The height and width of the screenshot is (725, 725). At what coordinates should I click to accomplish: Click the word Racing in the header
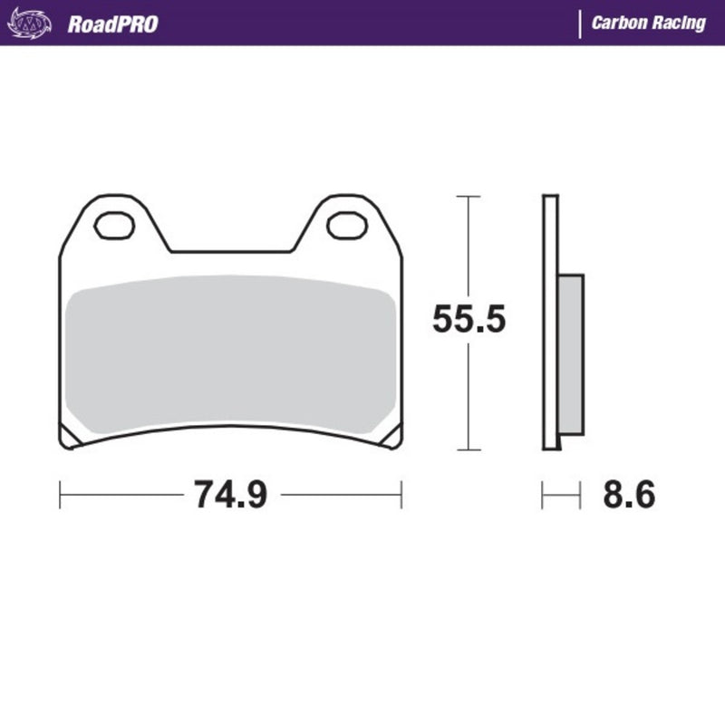[681, 24]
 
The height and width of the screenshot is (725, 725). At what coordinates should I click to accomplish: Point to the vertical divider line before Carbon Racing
[579, 24]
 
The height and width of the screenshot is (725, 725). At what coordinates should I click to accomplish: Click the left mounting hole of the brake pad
[114, 225]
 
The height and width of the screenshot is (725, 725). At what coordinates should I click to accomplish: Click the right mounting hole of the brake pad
[346, 225]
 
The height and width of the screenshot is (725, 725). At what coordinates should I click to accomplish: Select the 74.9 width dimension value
[230, 495]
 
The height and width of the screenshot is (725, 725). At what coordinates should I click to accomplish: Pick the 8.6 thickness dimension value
[627, 495]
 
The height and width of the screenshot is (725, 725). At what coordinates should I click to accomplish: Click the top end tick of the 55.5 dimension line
[467, 196]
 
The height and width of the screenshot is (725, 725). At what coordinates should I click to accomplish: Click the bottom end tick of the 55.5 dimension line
[467, 449]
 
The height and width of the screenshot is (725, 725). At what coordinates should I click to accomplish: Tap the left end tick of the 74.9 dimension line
[61, 495]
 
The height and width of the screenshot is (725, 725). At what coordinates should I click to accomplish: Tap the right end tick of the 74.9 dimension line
[401, 495]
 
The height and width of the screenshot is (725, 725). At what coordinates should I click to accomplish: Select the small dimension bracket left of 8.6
[560, 495]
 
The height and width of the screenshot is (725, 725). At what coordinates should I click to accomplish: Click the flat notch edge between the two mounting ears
[231, 251]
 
